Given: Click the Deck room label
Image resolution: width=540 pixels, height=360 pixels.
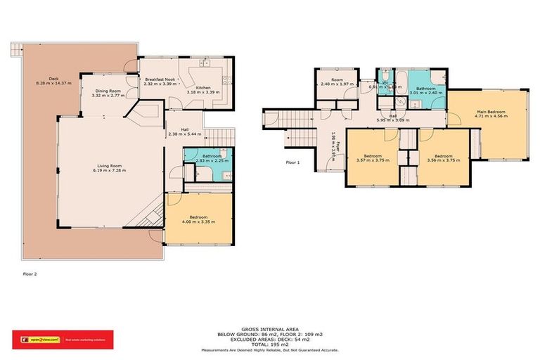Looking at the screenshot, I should coord(53,79).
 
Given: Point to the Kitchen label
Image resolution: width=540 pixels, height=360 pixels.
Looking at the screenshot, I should coord(203,87).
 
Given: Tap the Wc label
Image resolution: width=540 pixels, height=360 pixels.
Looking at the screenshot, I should coord(385,83).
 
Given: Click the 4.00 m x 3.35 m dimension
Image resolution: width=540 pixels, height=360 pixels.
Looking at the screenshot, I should coord(198,222).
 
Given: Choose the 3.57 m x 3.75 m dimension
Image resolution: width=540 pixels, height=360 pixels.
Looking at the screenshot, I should coord(373,160).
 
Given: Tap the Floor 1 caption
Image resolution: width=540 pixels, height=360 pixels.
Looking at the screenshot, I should coord(292,162).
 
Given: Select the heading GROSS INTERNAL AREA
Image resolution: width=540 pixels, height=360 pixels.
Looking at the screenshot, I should coord(269,328).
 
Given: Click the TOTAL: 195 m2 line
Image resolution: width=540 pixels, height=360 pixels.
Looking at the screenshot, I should coord(269,344).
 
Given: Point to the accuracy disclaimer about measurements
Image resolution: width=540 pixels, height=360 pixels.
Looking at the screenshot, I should coord(269,349).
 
